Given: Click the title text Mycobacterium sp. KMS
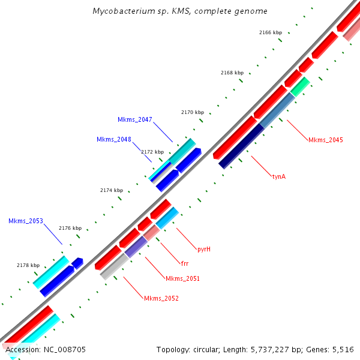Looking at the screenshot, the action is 180,11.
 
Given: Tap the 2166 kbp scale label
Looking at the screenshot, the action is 271,32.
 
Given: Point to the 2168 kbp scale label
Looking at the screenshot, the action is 232,73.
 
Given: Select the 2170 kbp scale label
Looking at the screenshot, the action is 193,112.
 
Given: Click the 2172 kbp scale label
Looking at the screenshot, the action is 152,152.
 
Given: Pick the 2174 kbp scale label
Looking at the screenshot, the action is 112,190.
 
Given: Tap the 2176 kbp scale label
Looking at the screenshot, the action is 70,228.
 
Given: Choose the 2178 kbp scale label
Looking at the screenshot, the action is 28,265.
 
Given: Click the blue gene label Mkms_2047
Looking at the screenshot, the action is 135,119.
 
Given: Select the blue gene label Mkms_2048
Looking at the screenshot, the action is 114,139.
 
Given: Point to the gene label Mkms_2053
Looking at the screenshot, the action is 26,221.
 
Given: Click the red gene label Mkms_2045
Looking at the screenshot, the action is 326,140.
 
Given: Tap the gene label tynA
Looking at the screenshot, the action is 279,176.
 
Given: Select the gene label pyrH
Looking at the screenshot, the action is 204,248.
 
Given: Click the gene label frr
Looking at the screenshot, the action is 185,263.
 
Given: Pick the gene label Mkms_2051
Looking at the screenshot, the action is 182,278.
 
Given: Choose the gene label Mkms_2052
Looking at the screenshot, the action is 161,298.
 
